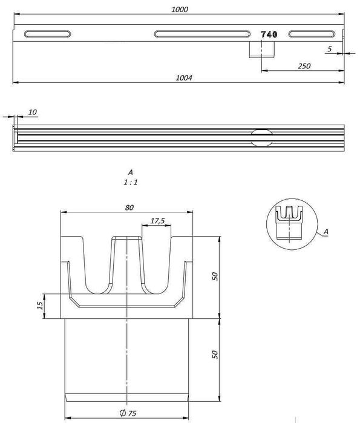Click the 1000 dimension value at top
(x=180, y=10)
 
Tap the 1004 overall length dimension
(x=184, y=77)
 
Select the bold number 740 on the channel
(x=269, y=34)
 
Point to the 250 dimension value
(x=304, y=66)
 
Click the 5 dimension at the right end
(x=330, y=49)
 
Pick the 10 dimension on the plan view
(x=32, y=112)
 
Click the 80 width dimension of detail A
(x=129, y=208)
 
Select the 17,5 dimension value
(x=157, y=221)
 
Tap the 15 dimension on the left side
(x=40, y=306)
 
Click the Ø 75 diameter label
(x=128, y=413)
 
